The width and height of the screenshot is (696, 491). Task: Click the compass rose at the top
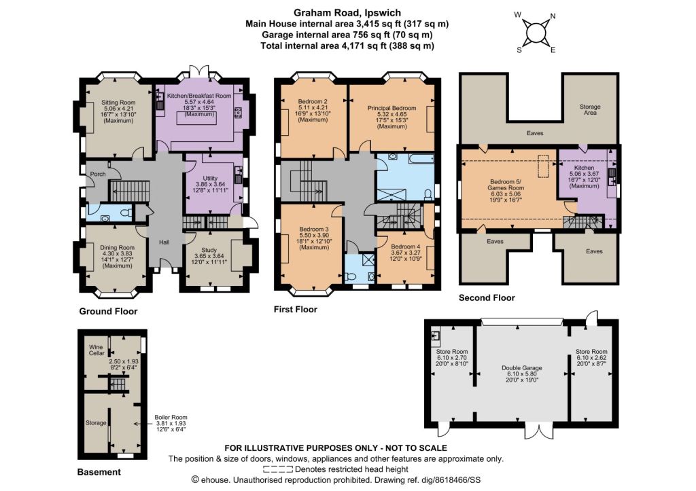pyautogui.click(x=536, y=33)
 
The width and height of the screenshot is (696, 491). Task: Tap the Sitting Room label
pyautogui.click(x=118, y=102)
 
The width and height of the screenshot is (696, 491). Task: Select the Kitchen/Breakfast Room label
pyautogui.click(x=199, y=95)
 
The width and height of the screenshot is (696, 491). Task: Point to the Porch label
pyautogui.click(x=98, y=174)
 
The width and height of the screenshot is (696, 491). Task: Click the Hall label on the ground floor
pyautogui.click(x=164, y=242)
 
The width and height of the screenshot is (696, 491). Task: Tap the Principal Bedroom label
pyautogui.click(x=392, y=108)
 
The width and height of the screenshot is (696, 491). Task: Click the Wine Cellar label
pyautogui.click(x=97, y=350)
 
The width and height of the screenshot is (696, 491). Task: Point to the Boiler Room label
pyautogui.click(x=171, y=417)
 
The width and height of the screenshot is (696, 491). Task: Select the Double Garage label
pyautogui.click(x=522, y=367)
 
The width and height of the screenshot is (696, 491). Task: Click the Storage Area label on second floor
pyautogui.click(x=590, y=109)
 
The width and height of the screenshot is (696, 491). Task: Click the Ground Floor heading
pyautogui.click(x=108, y=311)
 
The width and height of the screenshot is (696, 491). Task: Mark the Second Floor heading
pyautogui.click(x=487, y=297)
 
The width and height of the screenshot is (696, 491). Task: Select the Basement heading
pyautogui.click(x=99, y=472)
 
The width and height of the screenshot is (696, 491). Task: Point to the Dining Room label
pyautogui.click(x=117, y=247)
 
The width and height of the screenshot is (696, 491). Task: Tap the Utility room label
pyautogui.click(x=210, y=179)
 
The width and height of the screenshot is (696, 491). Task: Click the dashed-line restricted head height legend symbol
pyautogui.click(x=278, y=469)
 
